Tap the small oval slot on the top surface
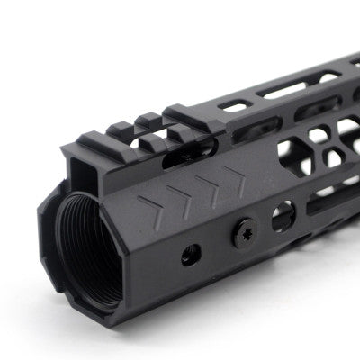tap(236, 106)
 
